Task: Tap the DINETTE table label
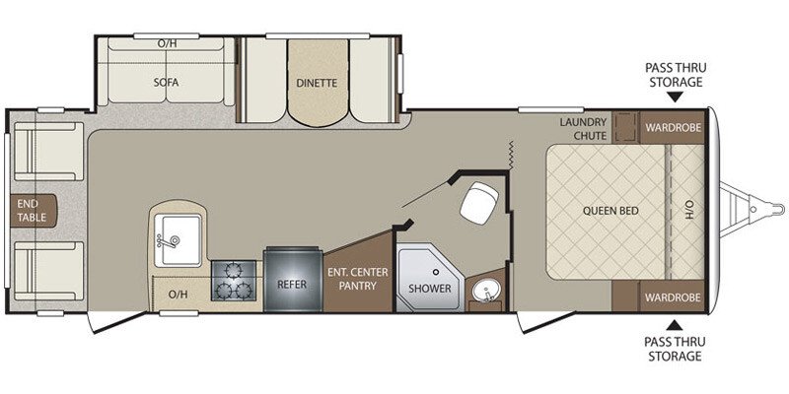(316, 84)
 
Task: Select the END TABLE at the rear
(27, 210)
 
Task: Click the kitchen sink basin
(178, 236)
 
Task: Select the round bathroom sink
(484, 293)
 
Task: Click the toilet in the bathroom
(479, 204)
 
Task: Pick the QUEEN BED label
(607, 210)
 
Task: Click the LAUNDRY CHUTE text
(582, 128)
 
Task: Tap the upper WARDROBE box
(674, 127)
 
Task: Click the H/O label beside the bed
(689, 210)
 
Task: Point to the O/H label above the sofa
(168, 44)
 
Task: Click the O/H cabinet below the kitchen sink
(179, 294)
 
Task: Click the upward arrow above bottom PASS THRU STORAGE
(674, 325)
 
